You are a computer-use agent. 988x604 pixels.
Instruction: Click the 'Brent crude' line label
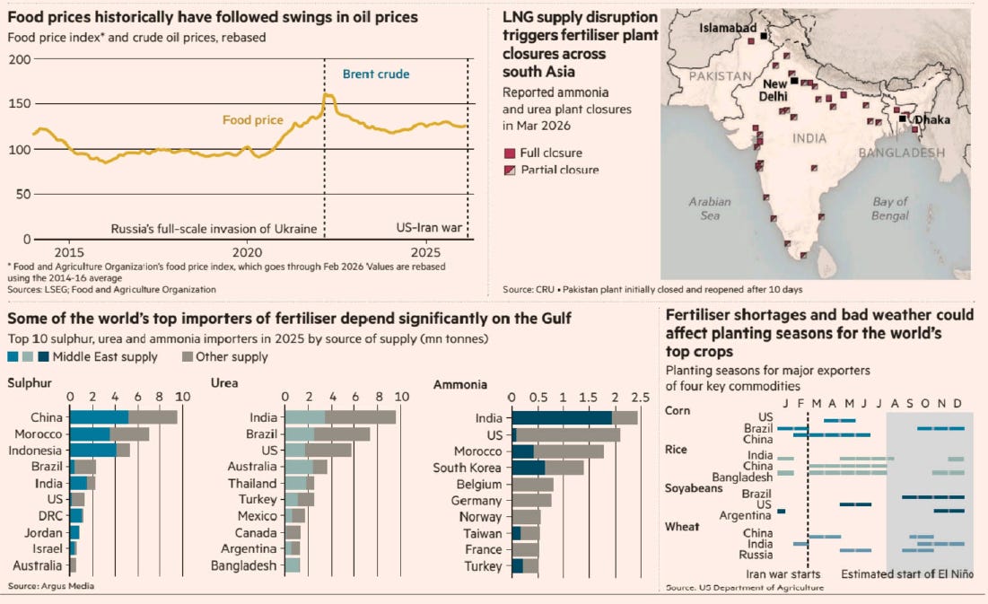pos(380,74)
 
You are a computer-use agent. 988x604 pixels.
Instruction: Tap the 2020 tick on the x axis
pos(248,253)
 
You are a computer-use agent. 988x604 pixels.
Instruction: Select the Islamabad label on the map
pos(728,29)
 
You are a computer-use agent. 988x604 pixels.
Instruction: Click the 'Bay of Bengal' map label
pos(889,208)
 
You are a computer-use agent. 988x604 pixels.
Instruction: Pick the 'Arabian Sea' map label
pos(704,208)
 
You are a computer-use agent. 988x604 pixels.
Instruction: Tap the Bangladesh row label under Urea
pos(244,565)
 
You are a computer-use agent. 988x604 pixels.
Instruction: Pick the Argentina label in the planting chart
pos(743,515)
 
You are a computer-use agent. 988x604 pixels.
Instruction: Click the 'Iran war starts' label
pos(783,574)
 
